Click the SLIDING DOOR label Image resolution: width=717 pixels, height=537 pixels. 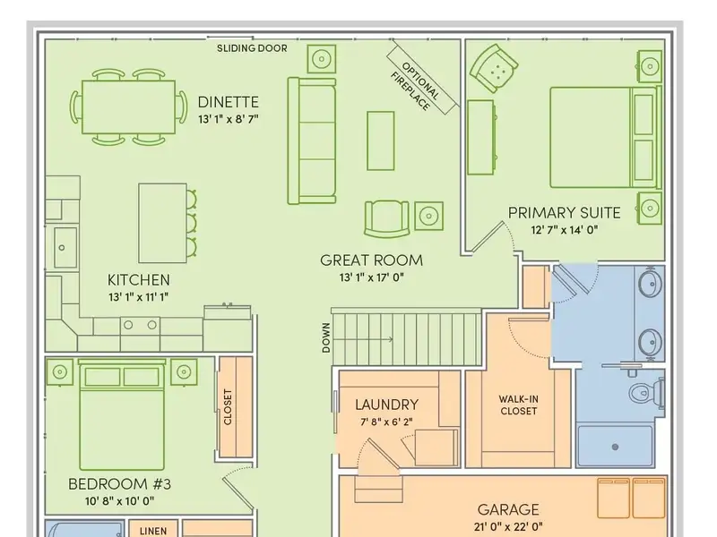point(252,48)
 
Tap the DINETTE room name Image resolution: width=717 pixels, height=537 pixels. point(229,102)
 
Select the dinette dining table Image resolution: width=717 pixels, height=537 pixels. point(128,107)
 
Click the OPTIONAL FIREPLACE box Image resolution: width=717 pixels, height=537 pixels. point(421,80)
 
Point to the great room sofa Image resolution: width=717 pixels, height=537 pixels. point(312,141)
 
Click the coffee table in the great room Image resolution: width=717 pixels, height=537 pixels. point(380,141)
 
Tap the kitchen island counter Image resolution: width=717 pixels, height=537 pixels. point(162,223)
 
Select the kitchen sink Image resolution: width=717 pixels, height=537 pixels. point(65,247)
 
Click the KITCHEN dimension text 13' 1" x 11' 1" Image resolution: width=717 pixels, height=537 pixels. point(139,297)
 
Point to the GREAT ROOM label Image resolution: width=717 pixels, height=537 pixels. point(371,260)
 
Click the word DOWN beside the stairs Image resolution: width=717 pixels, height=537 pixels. point(326,338)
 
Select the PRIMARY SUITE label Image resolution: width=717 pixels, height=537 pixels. point(565,213)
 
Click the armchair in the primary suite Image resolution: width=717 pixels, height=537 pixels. point(494,68)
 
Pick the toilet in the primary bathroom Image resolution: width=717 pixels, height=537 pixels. point(646,392)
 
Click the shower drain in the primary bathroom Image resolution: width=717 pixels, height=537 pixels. point(615,447)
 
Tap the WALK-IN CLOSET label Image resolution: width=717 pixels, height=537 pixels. point(519,405)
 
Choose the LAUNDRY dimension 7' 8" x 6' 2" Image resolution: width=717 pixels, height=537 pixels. point(386,422)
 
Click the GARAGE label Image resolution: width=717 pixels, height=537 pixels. point(508,509)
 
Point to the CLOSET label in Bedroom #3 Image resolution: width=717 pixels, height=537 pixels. point(228,407)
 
